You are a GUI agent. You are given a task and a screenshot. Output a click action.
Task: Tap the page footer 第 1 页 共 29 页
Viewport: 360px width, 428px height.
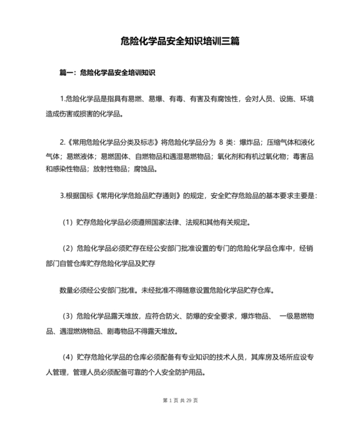click(180, 400)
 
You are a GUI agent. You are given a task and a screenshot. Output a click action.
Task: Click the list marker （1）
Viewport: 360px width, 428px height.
click(67, 223)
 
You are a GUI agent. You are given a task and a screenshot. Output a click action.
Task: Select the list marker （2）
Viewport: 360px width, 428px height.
click(67, 248)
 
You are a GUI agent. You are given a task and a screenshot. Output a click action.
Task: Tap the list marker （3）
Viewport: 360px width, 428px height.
click(67, 317)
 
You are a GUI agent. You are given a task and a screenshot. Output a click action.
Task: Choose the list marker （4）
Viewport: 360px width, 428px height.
click(67, 357)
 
